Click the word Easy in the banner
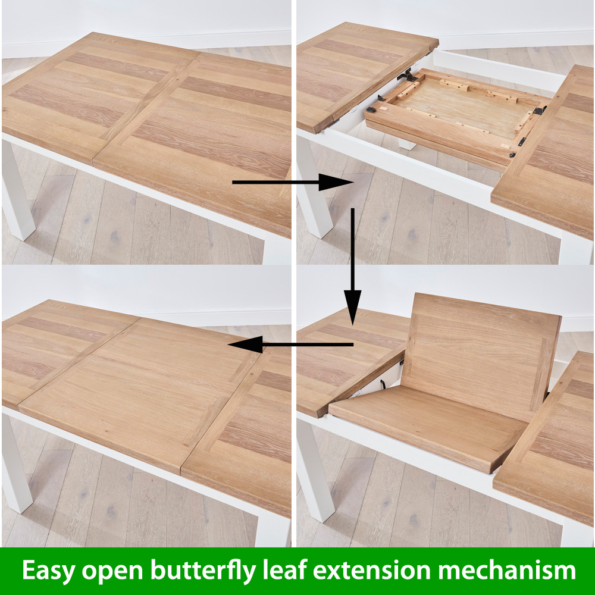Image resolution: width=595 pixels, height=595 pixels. coord(48,571)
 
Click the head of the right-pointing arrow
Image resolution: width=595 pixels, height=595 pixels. coord(336,182)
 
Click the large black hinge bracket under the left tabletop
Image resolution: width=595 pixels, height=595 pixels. coord(407,75)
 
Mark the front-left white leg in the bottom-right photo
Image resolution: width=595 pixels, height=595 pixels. coord(314,470)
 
